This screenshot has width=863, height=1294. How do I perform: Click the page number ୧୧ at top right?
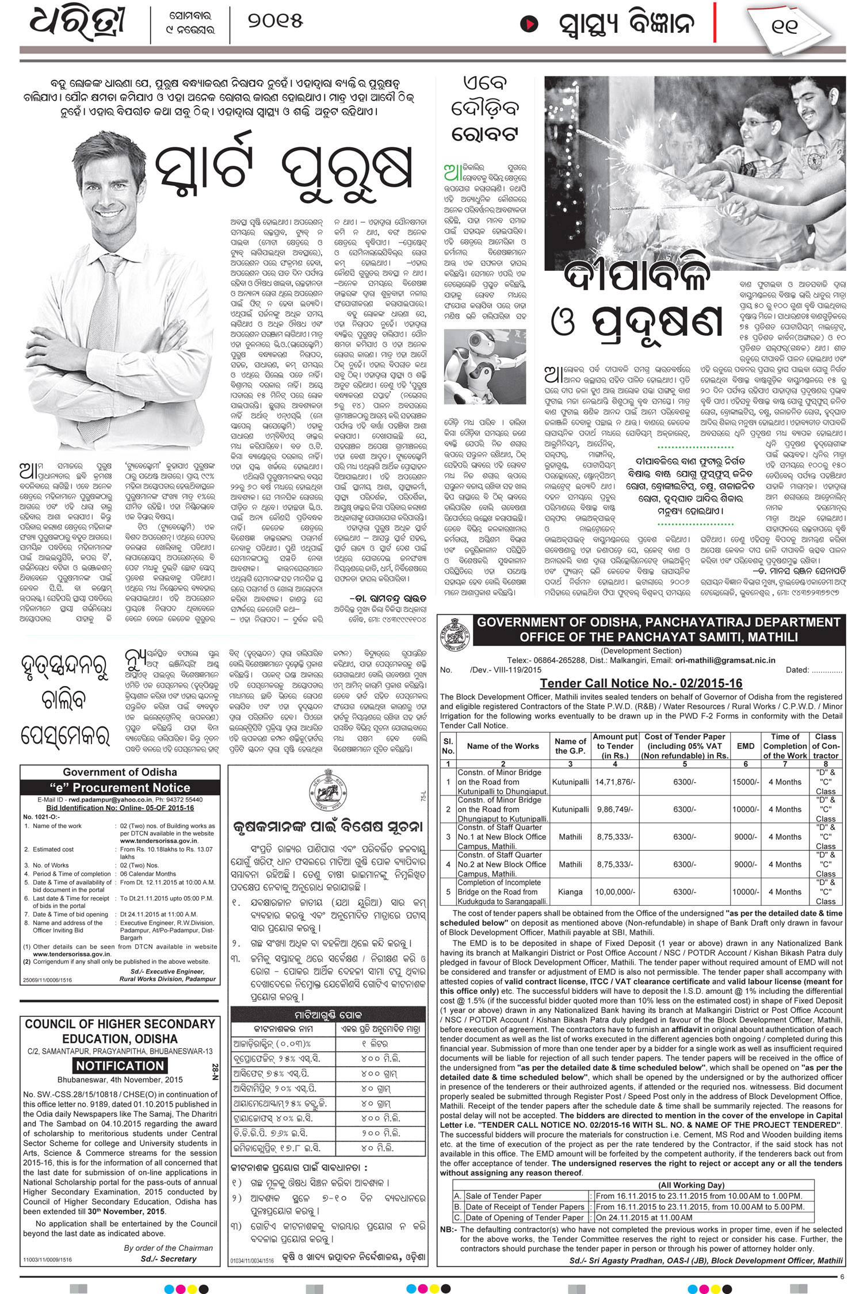click(784, 26)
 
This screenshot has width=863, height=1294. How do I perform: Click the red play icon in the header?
click(529, 24)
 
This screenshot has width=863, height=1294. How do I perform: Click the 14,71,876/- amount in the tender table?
click(615, 782)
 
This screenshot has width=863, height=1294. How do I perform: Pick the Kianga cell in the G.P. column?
click(570, 892)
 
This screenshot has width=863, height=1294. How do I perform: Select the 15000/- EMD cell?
click(746, 782)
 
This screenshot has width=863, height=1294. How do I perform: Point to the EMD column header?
click(746, 746)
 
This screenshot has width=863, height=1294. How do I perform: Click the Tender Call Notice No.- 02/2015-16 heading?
click(641, 683)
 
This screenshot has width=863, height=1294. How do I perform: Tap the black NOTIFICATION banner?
click(120, 1066)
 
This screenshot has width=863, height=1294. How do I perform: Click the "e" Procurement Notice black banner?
click(120, 787)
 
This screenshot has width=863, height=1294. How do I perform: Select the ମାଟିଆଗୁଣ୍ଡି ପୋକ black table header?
click(328, 1015)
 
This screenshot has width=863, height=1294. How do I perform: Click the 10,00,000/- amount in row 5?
click(615, 892)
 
